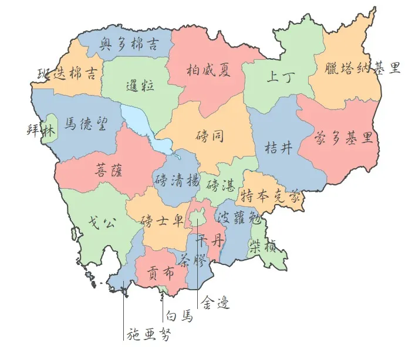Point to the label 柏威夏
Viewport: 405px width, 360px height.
[x=208, y=70]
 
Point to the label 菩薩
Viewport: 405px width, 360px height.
[x=109, y=171]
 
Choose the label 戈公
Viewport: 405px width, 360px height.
[x=98, y=222]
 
